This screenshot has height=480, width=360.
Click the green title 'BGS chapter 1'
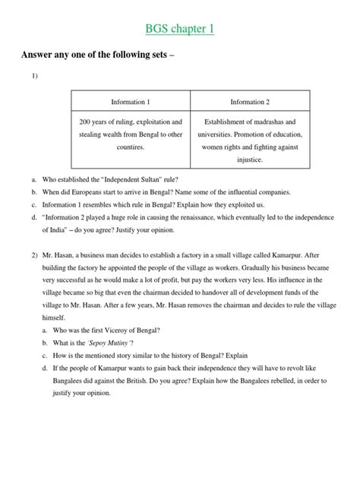coord(180,29)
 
